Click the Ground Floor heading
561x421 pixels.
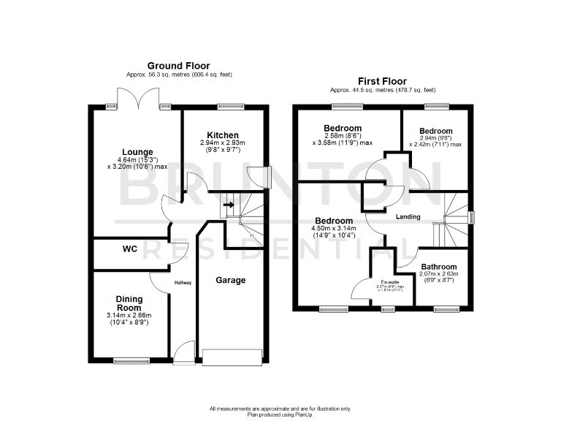pyautogui.click(x=179, y=66)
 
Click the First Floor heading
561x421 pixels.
pyautogui.click(x=382, y=81)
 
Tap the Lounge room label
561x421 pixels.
pyautogui.click(x=137, y=152)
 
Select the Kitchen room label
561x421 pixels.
pyautogui.click(x=222, y=135)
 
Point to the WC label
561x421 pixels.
pyautogui.click(x=129, y=249)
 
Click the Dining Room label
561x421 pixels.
pyautogui.click(x=129, y=303)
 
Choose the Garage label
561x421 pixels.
pyautogui.click(x=231, y=280)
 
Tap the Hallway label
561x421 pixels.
pyautogui.click(x=183, y=283)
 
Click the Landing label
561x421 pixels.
pyautogui.click(x=408, y=217)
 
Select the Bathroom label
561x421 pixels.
pyautogui.click(x=438, y=267)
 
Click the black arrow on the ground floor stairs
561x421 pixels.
pyautogui.click(x=228, y=205)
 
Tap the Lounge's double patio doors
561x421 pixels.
pyautogui.click(x=137, y=98)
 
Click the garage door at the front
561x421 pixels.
pyautogui.click(x=232, y=357)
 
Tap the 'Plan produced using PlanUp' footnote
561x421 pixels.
pyautogui.click(x=280, y=414)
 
